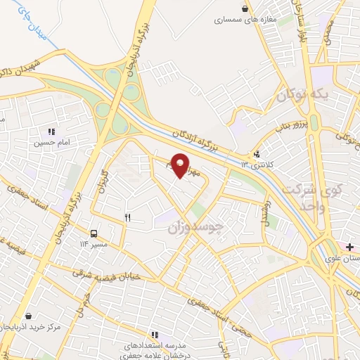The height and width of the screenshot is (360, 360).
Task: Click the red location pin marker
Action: tap(181, 165)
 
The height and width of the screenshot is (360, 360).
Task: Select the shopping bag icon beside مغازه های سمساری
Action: tap(244, 9)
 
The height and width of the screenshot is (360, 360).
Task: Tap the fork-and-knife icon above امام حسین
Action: tap(51, 131)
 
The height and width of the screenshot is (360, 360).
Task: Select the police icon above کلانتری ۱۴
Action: tap(257, 154)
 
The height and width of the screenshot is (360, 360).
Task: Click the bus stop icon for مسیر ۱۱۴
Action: tap(93, 233)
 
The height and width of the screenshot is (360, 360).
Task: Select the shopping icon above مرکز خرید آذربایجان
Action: tap(28, 316)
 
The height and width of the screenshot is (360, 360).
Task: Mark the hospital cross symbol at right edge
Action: tap(349, 247)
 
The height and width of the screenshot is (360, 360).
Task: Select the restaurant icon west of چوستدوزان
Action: tap(127, 217)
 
